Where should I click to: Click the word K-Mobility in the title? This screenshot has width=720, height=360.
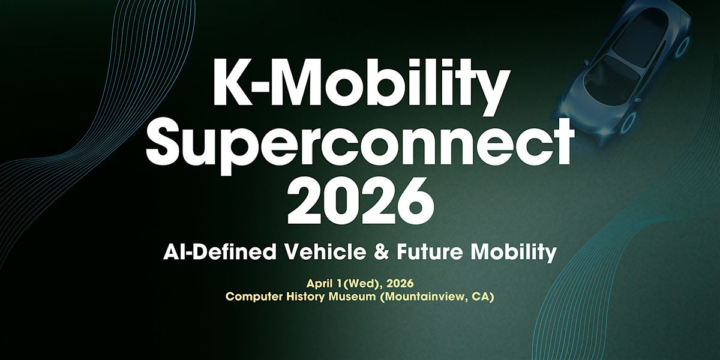tap(361, 86)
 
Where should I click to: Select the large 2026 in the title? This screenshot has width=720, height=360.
tap(361, 202)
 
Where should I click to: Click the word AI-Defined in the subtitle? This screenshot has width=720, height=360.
tap(220, 251)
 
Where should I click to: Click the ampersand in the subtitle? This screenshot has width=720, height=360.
tap(381, 252)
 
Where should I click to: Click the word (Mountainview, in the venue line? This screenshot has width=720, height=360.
tap(424, 296)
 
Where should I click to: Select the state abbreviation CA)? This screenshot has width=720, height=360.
tap(483, 296)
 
